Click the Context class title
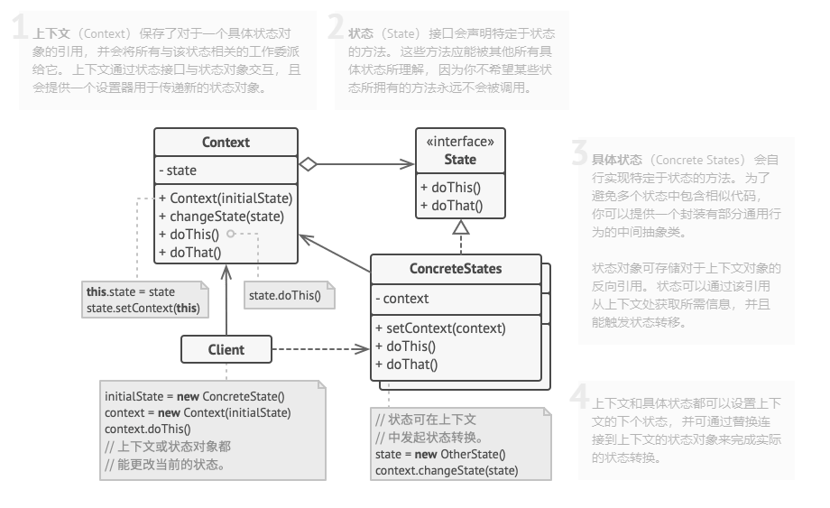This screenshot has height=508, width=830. point(226,143)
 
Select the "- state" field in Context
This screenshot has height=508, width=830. point(178,170)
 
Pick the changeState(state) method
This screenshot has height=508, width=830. point(221,217)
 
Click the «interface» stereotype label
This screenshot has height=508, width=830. point(460,142)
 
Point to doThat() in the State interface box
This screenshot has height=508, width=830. point(451,206)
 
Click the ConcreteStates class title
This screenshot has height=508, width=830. point(456,269)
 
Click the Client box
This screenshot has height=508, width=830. point(226,349)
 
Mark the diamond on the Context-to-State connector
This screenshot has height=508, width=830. point(309,164)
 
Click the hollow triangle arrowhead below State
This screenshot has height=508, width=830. point(461,227)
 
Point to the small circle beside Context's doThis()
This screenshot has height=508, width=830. point(231,234)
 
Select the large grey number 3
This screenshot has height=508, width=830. point(580,156)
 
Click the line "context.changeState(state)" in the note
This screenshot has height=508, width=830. point(447,471)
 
